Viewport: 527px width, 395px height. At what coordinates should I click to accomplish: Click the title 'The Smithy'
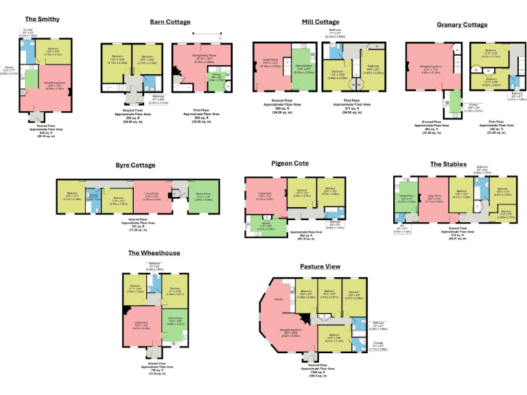pos(42,19)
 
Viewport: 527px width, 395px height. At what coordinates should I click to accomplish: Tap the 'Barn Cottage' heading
pos(170,22)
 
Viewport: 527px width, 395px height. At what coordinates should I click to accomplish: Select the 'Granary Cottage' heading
pos(462,25)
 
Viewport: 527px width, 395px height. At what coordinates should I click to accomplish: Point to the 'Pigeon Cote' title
pos(290,164)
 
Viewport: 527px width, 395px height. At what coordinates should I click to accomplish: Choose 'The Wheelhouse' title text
pos(154,253)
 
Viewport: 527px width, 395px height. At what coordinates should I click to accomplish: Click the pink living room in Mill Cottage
pos(270,65)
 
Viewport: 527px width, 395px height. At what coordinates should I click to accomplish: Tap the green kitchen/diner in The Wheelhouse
pos(173,322)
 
